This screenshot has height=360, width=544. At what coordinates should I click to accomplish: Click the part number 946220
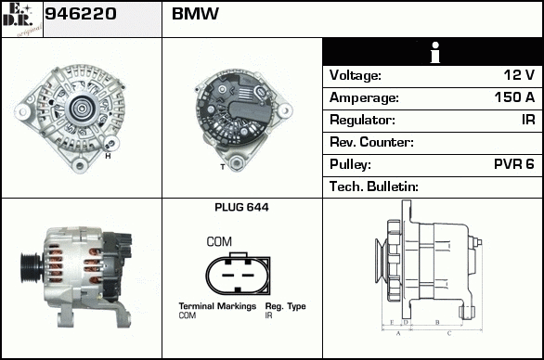81,14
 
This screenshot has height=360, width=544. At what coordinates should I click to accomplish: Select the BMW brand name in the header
195,14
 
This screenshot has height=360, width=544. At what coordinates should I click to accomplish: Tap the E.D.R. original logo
22,19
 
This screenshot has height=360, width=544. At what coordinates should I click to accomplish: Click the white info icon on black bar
435,52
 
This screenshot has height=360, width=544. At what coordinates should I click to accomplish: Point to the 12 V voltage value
519,75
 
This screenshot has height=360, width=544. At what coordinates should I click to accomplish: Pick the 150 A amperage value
514,97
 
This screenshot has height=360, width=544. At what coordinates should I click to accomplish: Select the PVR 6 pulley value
514,164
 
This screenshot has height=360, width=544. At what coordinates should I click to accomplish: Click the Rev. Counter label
371,142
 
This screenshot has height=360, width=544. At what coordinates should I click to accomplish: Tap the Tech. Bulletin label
374,186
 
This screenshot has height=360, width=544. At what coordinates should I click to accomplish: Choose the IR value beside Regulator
528,120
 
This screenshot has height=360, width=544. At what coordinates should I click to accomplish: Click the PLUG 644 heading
241,208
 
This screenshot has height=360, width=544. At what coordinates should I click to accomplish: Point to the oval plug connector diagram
238,274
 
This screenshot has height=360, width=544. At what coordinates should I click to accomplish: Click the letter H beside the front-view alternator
108,156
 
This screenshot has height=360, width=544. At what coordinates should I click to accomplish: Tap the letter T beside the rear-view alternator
223,167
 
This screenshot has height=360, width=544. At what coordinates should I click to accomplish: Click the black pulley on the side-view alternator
32,268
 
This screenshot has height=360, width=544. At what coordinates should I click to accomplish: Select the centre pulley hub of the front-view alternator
82,109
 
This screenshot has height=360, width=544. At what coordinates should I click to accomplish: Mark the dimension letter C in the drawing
449,334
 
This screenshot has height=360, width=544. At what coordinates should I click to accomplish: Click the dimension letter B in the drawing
437,323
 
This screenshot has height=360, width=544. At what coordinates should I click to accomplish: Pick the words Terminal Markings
217,306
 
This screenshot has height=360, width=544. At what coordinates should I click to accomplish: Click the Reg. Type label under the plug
285,306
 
